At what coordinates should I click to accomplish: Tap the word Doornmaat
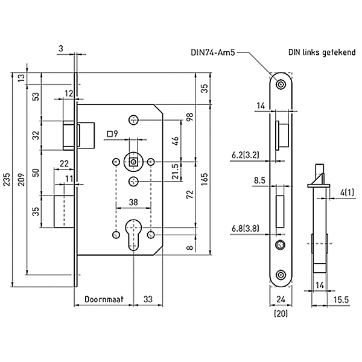pyautogui.click(x=103, y=299)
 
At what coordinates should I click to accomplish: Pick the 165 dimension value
pyautogui.click(x=204, y=179)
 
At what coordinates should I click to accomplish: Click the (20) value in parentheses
pyautogui.click(x=279, y=313)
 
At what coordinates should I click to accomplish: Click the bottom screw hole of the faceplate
pyautogui.click(x=280, y=275)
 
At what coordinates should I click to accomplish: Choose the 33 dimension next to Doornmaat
pyautogui.click(x=146, y=299)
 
